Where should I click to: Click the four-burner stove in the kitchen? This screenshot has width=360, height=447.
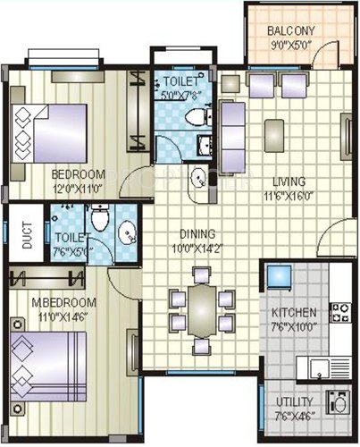(340, 312)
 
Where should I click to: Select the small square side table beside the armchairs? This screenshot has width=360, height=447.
(230, 83)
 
